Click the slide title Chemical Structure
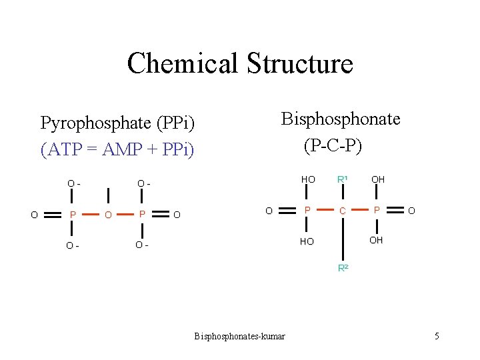(240, 63)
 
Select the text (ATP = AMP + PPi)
(117, 149)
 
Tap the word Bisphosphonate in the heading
(341, 119)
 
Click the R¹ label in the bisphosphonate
(343, 179)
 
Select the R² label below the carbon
(343, 268)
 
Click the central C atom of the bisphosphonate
(342, 211)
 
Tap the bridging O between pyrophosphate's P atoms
(108, 215)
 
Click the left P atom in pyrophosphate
(73, 215)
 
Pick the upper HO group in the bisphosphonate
(308, 180)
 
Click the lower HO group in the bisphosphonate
(306, 241)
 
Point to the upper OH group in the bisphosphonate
(378, 180)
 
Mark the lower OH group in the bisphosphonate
(376, 240)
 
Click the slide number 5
(437, 337)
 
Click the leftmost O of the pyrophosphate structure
(34, 215)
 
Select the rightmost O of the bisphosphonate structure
(411, 211)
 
